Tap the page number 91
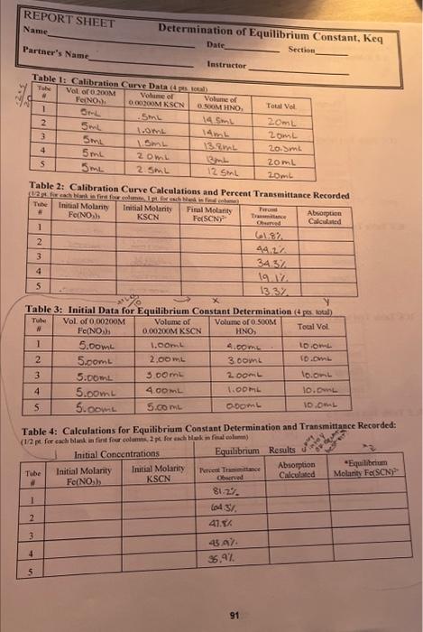234,616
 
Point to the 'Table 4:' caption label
47,424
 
